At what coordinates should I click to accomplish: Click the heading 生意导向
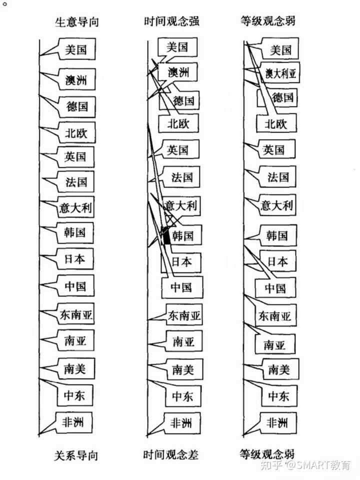pos(77,22)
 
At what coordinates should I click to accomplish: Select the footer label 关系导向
pos(76,455)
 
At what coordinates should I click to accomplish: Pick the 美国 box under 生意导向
pos(76,49)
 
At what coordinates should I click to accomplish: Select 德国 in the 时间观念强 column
pos(183,100)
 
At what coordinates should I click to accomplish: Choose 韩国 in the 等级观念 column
pos(277,235)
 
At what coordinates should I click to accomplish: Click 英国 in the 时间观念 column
pos(177,149)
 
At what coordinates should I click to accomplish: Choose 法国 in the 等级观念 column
pos(278,177)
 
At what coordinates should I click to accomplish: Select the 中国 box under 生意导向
pos(75,286)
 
